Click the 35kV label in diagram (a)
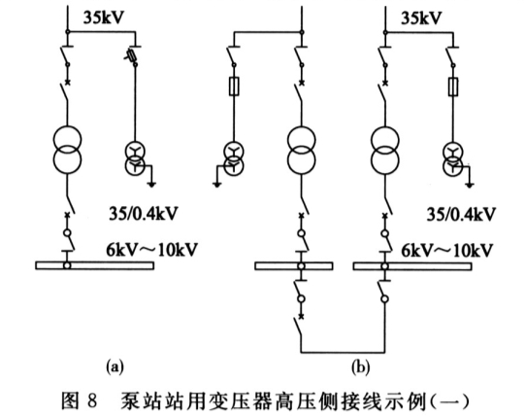pos(104,17)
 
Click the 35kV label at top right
pos(421,17)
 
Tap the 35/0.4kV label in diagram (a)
pos(143,214)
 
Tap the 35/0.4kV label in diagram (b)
pos(461,214)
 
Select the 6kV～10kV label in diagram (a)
pos(152,250)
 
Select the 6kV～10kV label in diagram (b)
pos(447,250)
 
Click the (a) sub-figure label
pos(115,366)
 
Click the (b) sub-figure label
pos(361,367)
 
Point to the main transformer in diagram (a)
pos(67,150)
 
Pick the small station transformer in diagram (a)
pos(135,158)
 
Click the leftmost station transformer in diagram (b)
pos(234,158)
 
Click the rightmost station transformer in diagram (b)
pos(452,158)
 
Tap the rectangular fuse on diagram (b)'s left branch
pos(234,87)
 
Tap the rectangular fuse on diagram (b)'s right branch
pos(453,87)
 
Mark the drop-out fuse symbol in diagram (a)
pos(131,55)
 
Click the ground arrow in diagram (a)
pos(151,184)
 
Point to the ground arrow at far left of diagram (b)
pos(217,184)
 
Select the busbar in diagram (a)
pos(95,265)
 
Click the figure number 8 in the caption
pos(92,400)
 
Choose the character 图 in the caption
pos(70,400)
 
